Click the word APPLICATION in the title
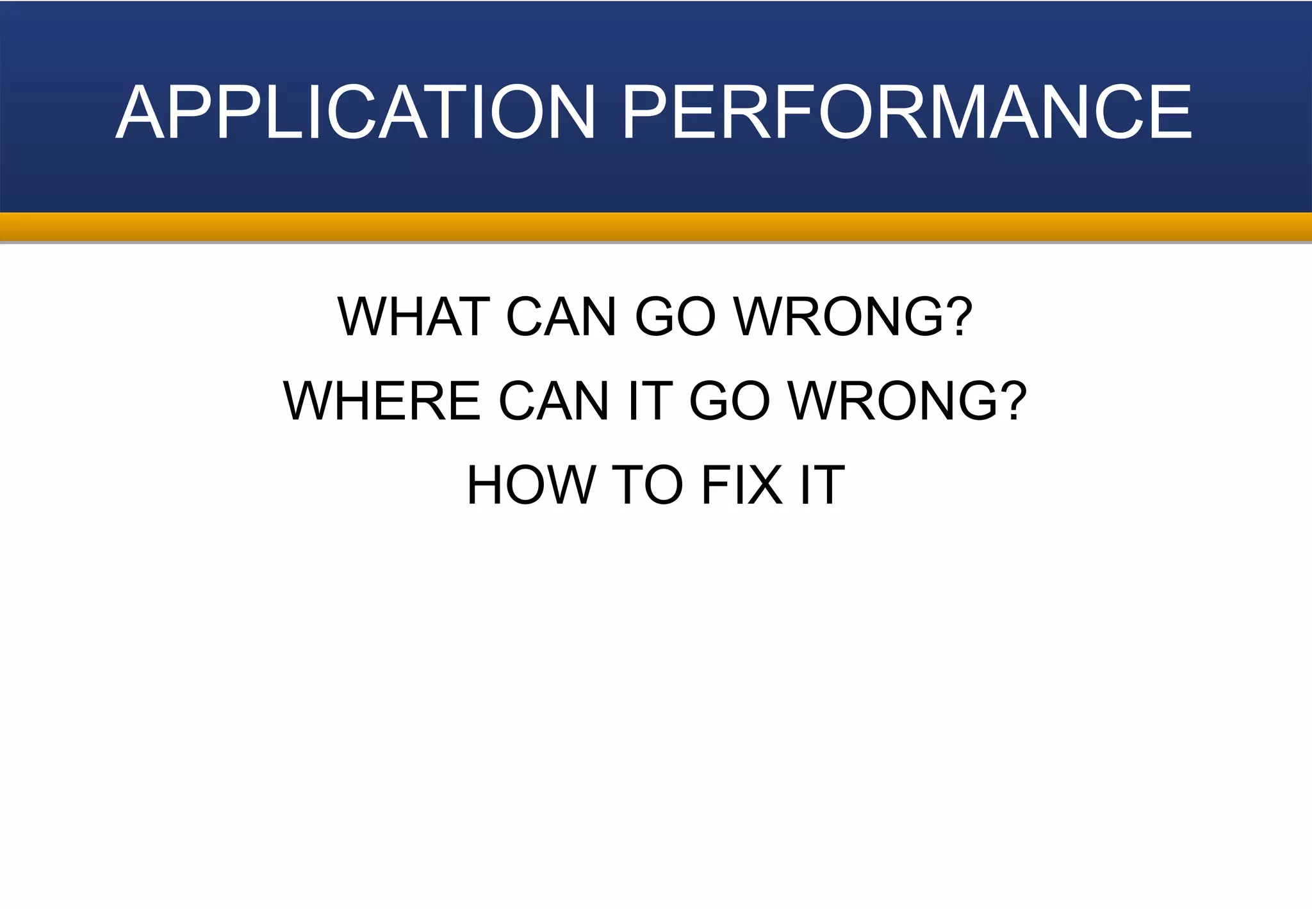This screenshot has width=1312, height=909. click(356, 112)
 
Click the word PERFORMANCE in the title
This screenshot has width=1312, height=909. click(906, 112)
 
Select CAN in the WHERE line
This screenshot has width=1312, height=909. click(554, 401)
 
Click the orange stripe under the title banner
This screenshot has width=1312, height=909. click(656, 227)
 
